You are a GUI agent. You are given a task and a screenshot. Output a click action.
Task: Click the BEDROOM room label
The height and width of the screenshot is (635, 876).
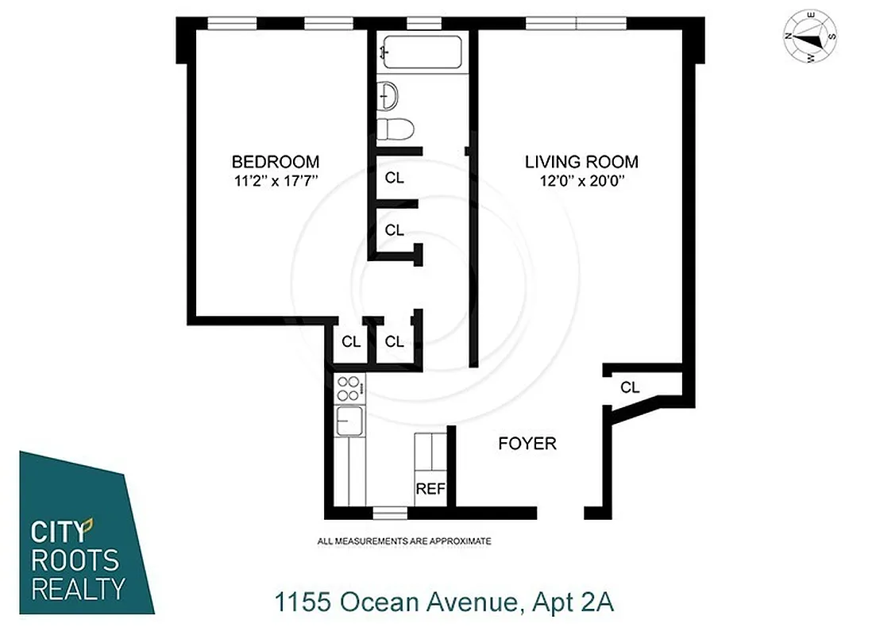point(276,161)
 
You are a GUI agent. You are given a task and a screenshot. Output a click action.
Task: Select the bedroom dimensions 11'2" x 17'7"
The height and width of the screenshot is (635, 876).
point(276,180)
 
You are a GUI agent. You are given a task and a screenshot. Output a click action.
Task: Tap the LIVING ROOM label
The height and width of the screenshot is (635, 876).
point(581,161)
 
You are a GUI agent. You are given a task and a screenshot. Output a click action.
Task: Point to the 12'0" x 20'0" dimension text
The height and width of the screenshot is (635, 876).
point(581,180)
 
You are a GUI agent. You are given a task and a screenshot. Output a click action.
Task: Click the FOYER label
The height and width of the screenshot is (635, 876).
point(527,443)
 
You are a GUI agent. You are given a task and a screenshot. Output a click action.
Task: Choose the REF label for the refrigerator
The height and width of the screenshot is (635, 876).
point(430,489)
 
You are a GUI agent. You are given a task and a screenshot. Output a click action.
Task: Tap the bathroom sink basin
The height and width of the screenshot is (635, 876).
point(389,96)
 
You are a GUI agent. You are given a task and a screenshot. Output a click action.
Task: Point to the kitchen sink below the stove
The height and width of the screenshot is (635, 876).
point(349,420)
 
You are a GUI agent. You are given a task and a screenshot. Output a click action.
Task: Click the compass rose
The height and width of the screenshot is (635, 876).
point(811,37)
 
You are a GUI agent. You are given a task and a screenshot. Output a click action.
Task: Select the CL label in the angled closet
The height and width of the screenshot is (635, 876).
point(630,387)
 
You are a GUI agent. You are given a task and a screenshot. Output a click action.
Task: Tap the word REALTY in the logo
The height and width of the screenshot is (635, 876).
point(77,588)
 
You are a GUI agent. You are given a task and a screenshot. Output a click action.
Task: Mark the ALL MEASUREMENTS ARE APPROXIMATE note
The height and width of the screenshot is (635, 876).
point(403,541)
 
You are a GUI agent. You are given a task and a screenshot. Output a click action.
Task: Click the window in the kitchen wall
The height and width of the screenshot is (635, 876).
point(390,513)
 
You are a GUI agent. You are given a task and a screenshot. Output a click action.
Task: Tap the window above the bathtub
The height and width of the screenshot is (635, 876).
point(423,22)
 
